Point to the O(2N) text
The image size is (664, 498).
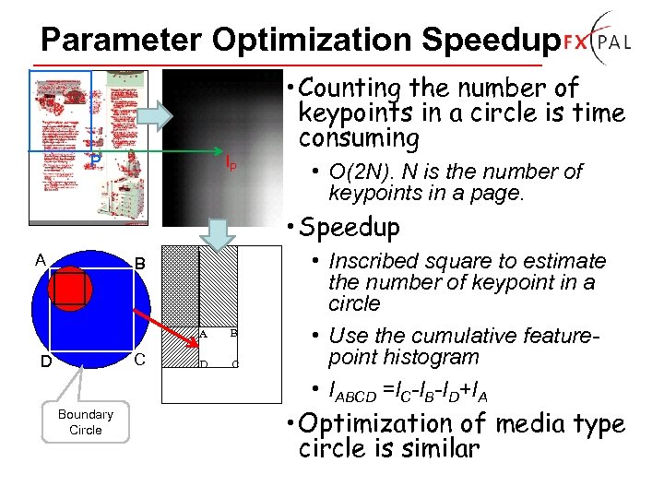click(361, 172)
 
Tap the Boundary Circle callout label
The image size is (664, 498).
click(85, 421)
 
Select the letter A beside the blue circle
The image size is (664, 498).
click(40, 259)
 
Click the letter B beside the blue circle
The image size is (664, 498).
click(140, 264)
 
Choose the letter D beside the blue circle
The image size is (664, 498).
click(45, 362)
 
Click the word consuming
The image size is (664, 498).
click(359, 138)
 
